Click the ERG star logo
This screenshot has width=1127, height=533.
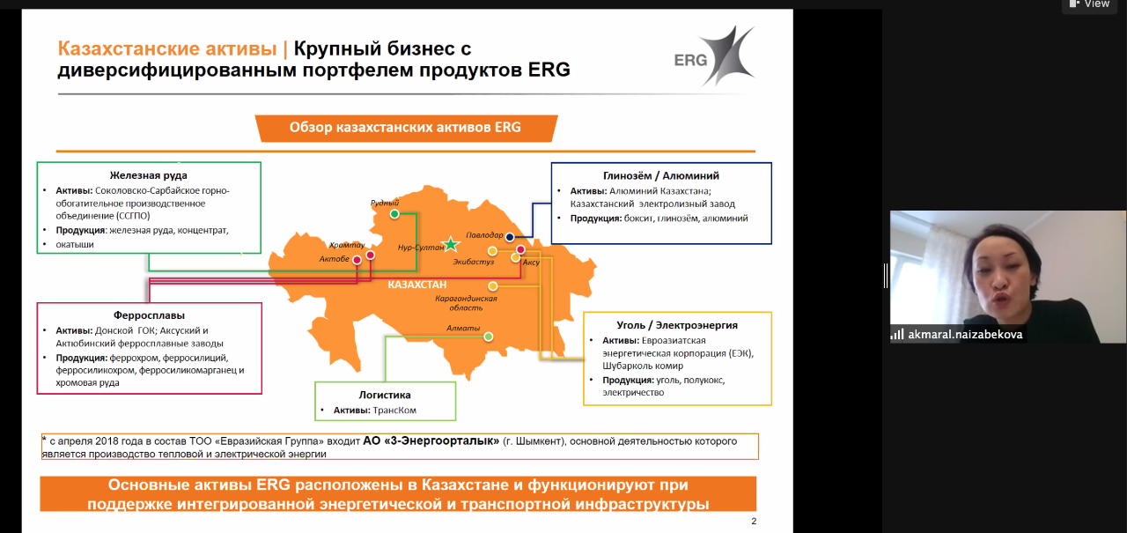pos(715,56)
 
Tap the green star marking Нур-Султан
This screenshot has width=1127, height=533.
pos(450,244)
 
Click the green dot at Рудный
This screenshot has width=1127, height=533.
pos(394,214)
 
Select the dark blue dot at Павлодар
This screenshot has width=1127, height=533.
pos(510,237)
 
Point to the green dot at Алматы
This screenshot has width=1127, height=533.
pos(488,337)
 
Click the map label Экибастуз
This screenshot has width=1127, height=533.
pos(474,262)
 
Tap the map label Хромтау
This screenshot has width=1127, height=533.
pos(347,245)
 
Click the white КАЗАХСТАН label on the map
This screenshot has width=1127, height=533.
pos(417,285)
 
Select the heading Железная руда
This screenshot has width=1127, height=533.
pos(149,175)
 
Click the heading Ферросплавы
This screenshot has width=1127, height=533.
pos(149,315)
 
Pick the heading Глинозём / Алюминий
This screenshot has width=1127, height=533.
pos(661,175)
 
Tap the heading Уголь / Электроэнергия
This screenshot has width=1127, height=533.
pos(677,325)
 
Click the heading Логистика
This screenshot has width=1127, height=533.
pos(385,395)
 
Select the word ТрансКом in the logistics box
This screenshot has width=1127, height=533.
pos(395,411)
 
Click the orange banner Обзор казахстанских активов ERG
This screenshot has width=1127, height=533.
pos(406,128)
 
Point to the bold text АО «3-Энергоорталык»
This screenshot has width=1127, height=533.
pos(431,440)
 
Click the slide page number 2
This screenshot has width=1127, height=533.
pos(754,521)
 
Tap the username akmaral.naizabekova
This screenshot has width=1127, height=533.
pos(965,334)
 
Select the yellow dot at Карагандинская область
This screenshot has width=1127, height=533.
pos(493,286)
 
